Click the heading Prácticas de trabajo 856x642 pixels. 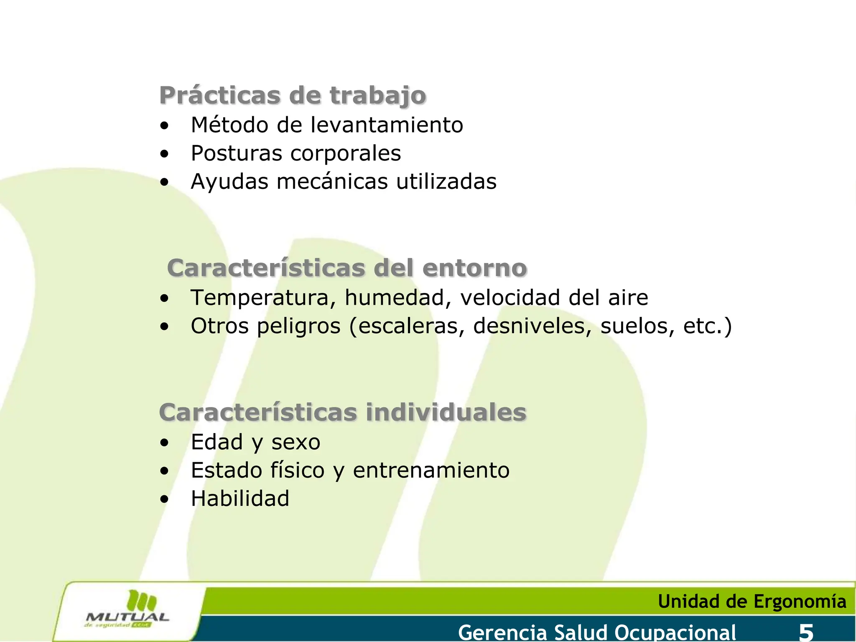pyautogui.click(x=293, y=95)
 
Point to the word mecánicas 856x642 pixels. pyautogui.click(x=332, y=182)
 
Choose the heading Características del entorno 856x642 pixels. pyautogui.click(x=347, y=268)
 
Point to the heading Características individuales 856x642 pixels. pyautogui.click(x=343, y=413)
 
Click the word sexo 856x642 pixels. pyautogui.click(x=296, y=442)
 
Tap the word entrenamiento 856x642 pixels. pyautogui.click(x=431, y=470)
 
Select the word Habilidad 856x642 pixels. pyautogui.click(x=240, y=499)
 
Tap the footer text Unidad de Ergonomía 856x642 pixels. pyautogui.click(x=752, y=601)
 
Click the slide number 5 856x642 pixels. pyautogui.click(x=806, y=632)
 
